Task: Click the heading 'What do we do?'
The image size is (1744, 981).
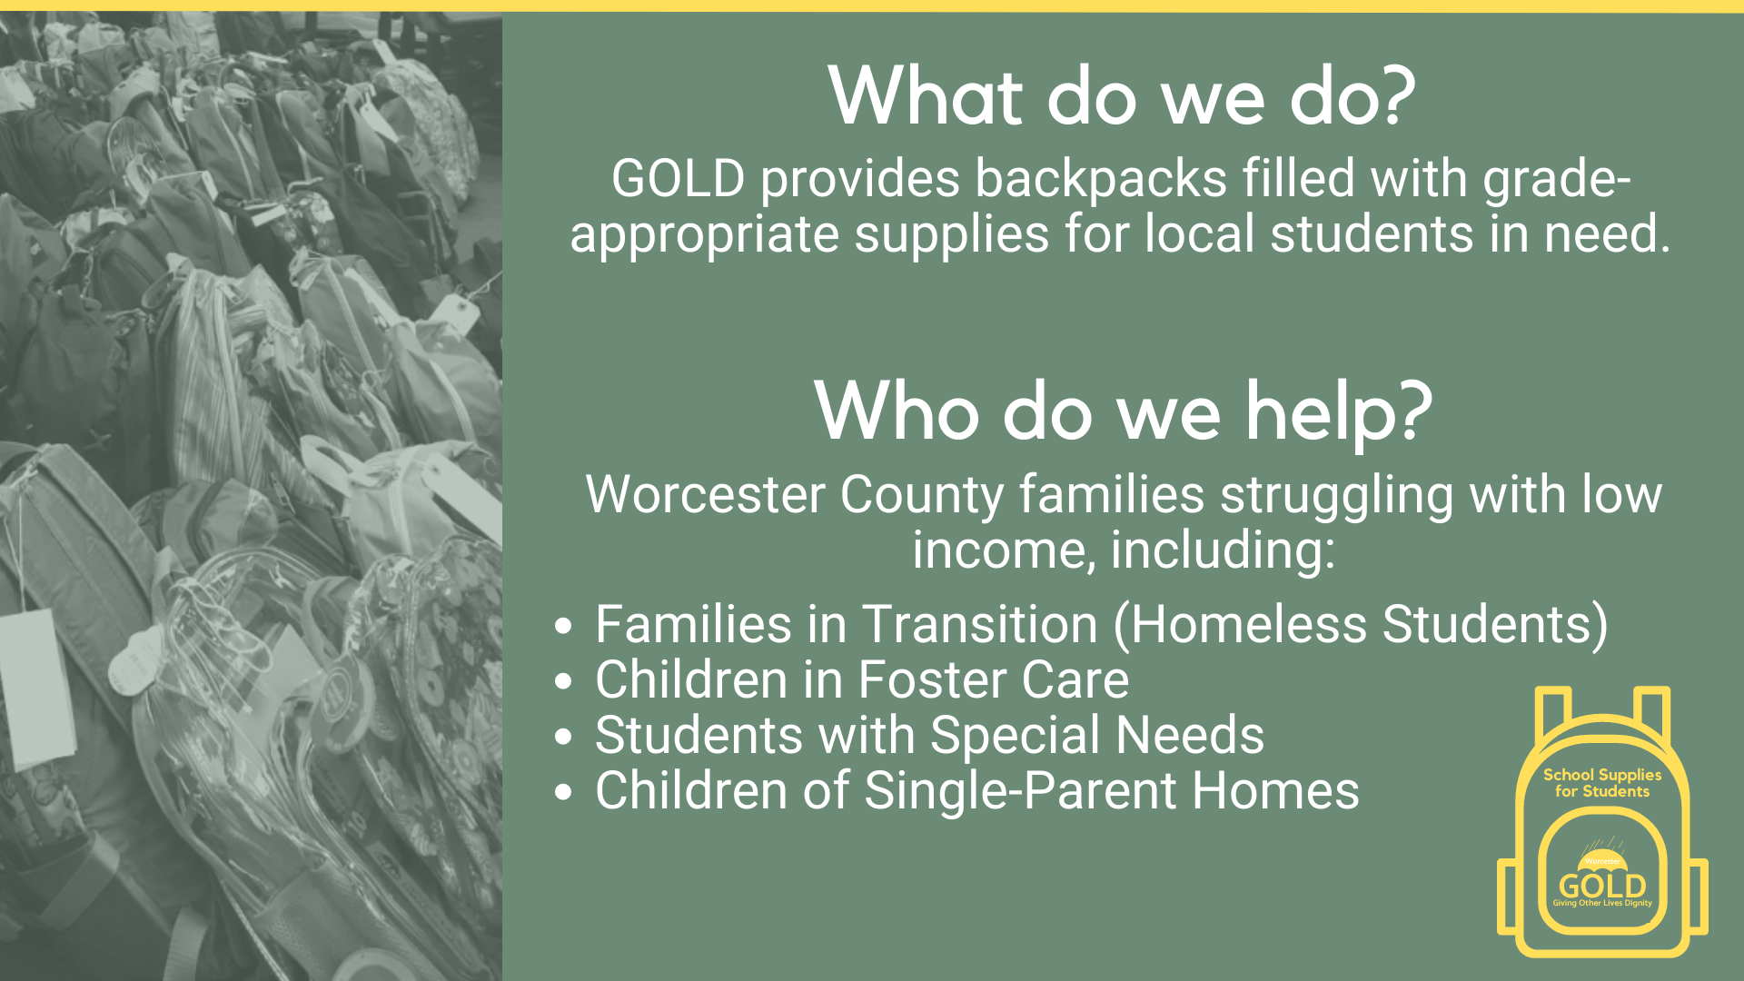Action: [x=1122, y=96]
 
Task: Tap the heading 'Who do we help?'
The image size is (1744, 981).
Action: [x=1123, y=411]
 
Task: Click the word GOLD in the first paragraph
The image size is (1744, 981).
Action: [x=679, y=178]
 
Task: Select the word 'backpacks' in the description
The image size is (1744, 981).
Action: [x=1101, y=178]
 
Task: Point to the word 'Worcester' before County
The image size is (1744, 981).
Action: [x=705, y=495]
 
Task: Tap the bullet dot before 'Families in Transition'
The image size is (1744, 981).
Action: [x=563, y=626]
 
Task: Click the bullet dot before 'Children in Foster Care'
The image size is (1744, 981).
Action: [x=563, y=681]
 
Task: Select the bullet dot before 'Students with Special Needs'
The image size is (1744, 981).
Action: [x=563, y=736]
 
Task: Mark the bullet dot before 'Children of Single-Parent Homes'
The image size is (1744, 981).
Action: [x=563, y=791]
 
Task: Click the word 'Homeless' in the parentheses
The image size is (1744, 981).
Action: [x=1249, y=625]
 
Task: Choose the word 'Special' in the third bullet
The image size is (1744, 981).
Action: [x=1015, y=736]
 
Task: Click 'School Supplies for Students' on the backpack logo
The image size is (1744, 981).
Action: [x=1602, y=783]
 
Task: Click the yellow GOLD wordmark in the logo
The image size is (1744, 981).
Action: [x=1602, y=885]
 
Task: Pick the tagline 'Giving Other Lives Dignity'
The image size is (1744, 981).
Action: [x=1602, y=904]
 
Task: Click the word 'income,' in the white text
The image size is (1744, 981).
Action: [x=1004, y=550]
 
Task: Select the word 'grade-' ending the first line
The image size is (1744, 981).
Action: [x=1557, y=180]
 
